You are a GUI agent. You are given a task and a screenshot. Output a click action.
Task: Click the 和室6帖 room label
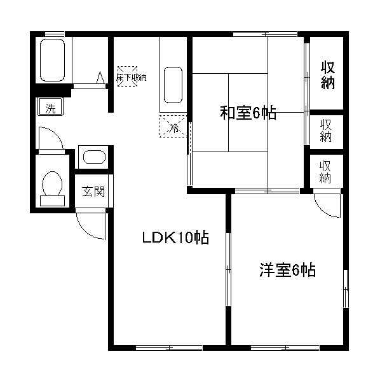(x=248, y=114)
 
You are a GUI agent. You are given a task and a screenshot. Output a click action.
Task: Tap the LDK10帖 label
(x=175, y=239)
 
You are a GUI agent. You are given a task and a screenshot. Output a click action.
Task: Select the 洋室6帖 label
(x=287, y=270)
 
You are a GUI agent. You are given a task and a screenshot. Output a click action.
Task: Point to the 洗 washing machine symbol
(x=50, y=108)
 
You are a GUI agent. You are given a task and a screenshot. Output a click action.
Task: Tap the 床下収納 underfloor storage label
(x=131, y=76)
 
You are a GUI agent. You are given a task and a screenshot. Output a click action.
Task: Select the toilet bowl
(x=52, y=185)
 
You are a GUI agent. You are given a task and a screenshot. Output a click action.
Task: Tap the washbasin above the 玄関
(x=94, y=158)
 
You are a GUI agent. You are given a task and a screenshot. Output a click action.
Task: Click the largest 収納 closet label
(x=327, y=75)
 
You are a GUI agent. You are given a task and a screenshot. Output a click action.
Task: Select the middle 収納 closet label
(x=326, y=131)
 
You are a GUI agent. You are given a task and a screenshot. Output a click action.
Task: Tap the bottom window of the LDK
(x=170, y=348)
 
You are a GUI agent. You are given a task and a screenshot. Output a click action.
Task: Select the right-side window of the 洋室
(x=346, y=290)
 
